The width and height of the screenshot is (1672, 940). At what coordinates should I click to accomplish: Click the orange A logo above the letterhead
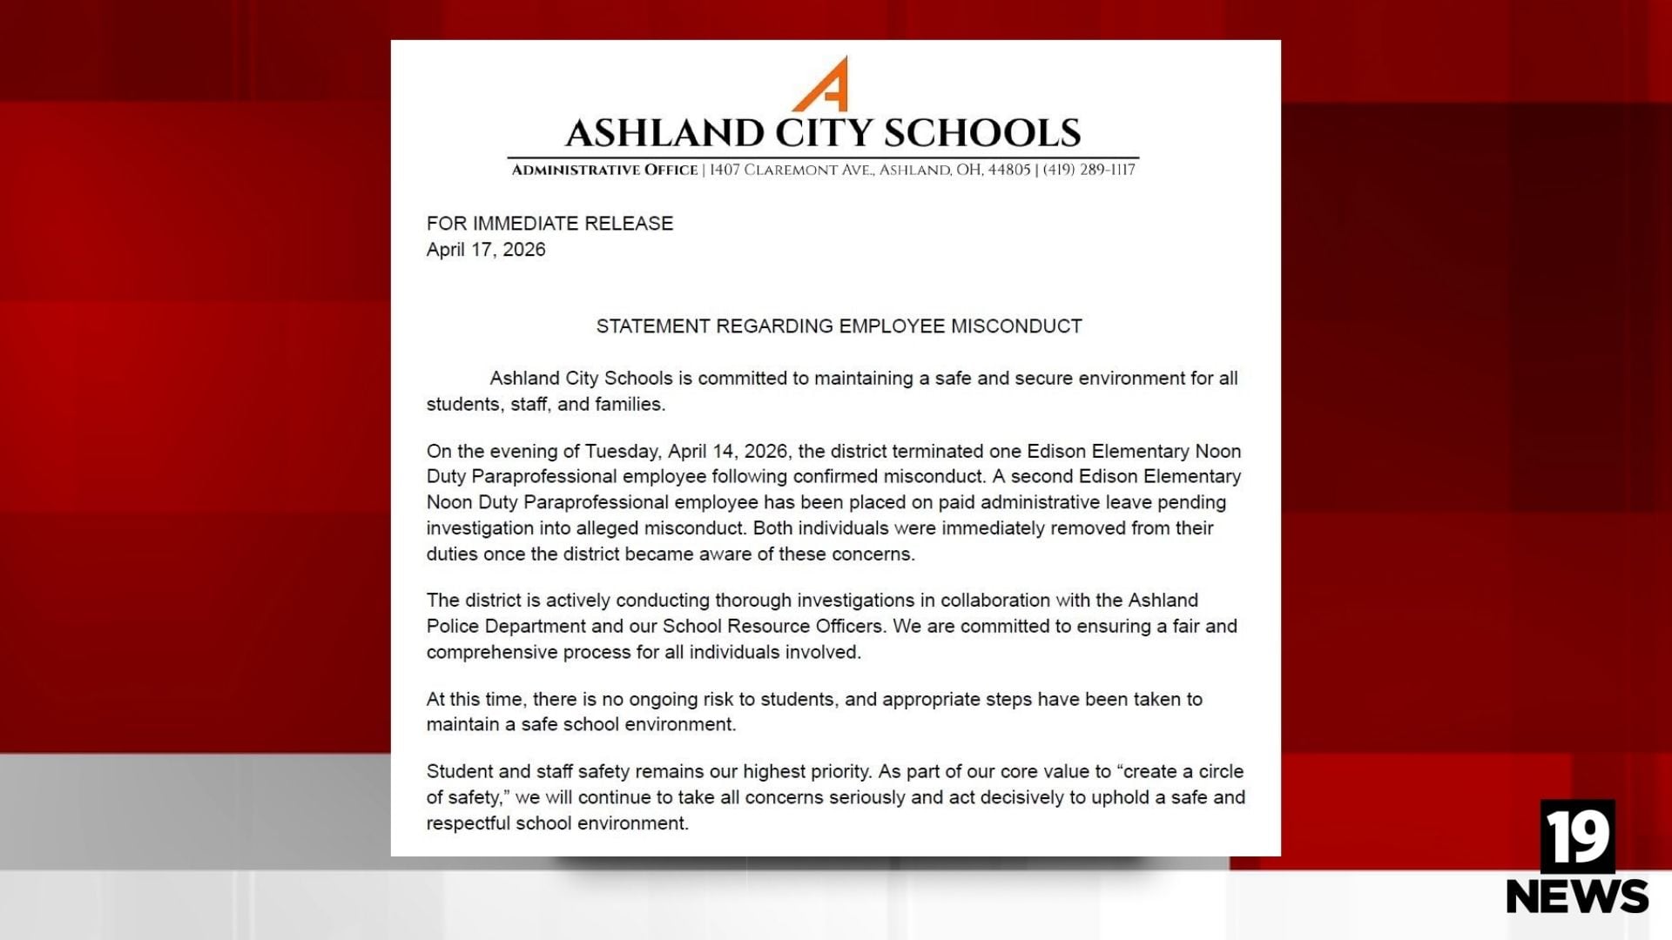coord(822,84)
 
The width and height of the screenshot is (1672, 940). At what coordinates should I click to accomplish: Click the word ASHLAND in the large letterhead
coord(664,133)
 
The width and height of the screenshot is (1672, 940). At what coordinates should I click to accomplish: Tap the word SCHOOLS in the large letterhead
coord(982,133)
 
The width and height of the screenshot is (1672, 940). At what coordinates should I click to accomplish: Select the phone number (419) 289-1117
coord(1089,170)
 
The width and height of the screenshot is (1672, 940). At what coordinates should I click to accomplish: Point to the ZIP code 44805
coord(1008,170)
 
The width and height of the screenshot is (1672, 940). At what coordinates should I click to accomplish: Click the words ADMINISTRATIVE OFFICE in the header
coord(604,170)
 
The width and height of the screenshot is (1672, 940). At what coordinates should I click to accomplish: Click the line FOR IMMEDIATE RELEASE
coord(549,224)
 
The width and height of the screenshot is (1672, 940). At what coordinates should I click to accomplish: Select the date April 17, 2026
coord(486,250)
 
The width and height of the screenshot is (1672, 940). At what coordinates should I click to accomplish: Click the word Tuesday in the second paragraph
coord(622,451)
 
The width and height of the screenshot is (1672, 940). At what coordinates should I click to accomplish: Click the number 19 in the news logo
coord(1577,836)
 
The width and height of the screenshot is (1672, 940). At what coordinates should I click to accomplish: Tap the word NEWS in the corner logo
coord(1577,896)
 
